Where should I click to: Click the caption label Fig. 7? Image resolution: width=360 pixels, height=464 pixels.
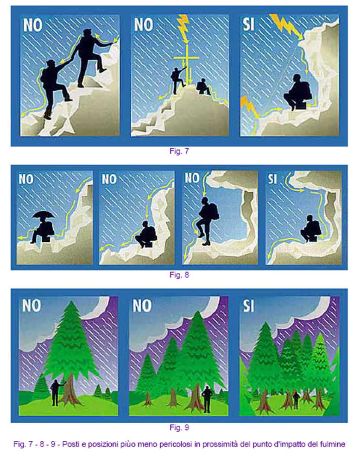pyautogui.click(x=179, y=151)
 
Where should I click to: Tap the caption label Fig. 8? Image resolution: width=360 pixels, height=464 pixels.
pyautogui.click(x=179, y=275)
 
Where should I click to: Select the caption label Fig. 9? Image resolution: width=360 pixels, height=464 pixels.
pyautogui.click(x=179, y=427)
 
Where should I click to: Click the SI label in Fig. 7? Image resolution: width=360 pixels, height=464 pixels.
pyautogui.click(x=248, y=24)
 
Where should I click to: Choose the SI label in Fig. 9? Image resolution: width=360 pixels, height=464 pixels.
pyautogui.click(x=248, y=305)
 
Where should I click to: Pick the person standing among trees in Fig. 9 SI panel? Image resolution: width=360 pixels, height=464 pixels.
pyautogui.click(x=296, y=400)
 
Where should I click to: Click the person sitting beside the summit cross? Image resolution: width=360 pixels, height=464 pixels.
pyautogui.click(x=203, y=87)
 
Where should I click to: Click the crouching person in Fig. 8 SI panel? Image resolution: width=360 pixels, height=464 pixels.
pyautogui.click(x=311, y=229)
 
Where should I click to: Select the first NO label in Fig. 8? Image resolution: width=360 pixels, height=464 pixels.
pyautogui.click(x=26, y=179)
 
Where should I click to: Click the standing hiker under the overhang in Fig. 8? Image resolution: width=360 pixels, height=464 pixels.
pyautogui.click(x=207, y=221)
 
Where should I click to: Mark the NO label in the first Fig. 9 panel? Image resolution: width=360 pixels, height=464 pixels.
pyautogui.click(x=32, y=305)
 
